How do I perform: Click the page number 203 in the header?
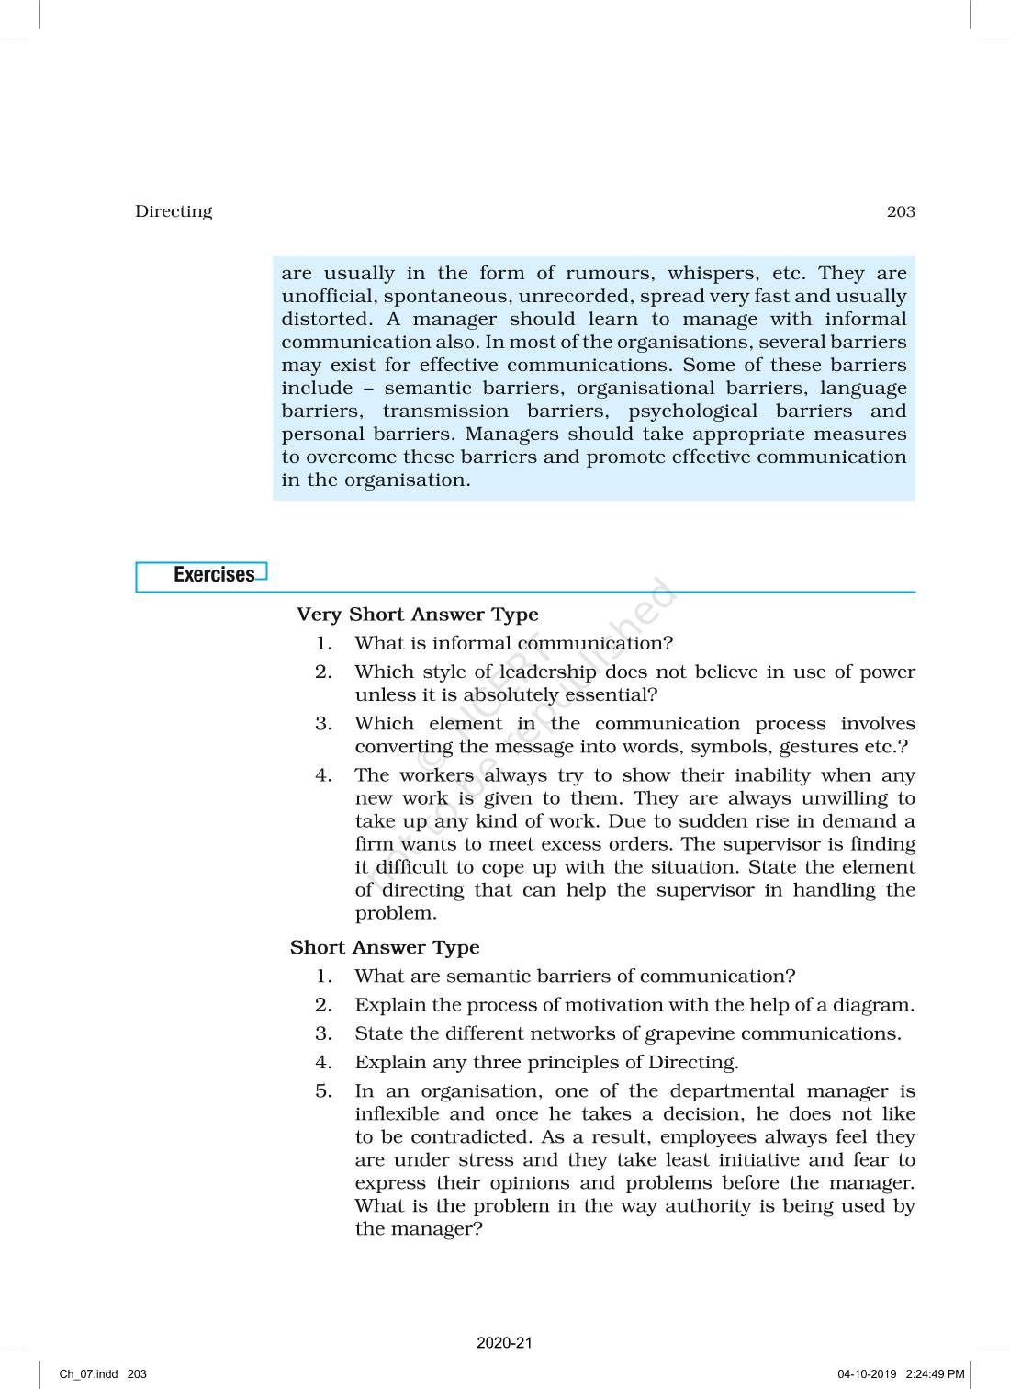pos(900,211)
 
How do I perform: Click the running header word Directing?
pos(174,211)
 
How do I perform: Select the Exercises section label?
pos(214,575)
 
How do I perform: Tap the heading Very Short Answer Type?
pos(417,615)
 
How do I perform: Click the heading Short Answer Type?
pos(385,947)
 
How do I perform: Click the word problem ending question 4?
pos(395,913)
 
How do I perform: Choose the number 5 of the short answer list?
pos(322,1091)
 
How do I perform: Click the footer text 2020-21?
pos(504,1343)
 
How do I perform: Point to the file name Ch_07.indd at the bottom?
pos(89,1374)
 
